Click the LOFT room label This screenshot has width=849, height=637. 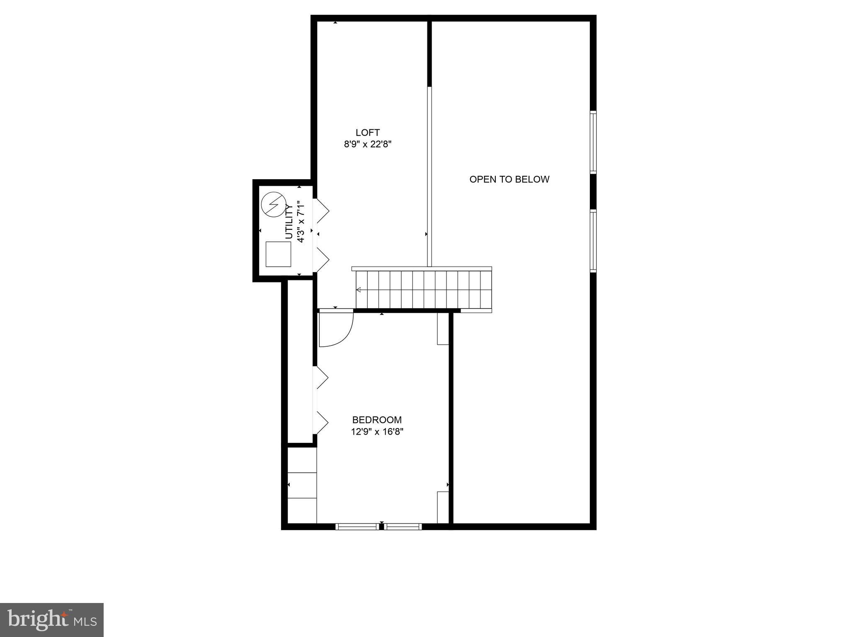tap(367, 133)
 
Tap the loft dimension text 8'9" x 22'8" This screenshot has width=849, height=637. tap(368, 144)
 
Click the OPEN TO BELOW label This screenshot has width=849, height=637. tap(509, 179)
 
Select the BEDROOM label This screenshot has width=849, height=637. tap(377, 420)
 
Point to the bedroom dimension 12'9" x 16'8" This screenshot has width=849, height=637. tap(377, 432)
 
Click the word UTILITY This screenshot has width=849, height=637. tap(289, 222)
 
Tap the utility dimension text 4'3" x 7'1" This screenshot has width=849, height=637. tap(301, 222)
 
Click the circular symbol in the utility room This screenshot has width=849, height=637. tap(274, 204)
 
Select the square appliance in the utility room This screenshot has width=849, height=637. tap(278, 254)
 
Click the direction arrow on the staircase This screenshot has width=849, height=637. tap(359, 289)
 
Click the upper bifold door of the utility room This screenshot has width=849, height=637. tap(322, 211)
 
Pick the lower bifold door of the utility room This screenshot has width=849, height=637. tap(322, 260)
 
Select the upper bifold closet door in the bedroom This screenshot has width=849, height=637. tap(322, 378)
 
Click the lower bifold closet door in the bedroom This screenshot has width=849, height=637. tap(322, 422)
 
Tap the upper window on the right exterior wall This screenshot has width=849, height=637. tap(593, 142)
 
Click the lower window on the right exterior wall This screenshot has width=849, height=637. tap(593, 241)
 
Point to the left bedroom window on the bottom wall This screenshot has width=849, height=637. tap(357, 527)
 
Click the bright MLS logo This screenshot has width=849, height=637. tap(52, 620)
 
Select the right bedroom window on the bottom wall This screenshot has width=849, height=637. tap(403, 527)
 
